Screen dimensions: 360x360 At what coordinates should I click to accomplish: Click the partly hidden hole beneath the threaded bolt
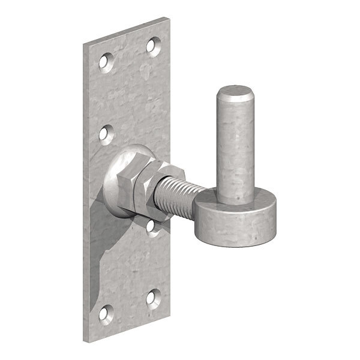pos(154,227)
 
